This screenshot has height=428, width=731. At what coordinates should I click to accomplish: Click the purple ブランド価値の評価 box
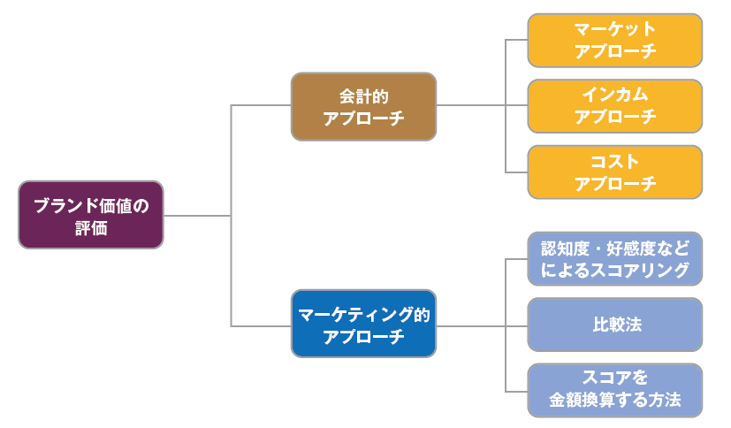click(x=91, y=216)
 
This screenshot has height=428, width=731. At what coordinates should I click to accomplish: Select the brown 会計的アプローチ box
click(x=363, y=106)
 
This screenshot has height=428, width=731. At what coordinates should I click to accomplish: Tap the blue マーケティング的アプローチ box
click(x=363, y=324)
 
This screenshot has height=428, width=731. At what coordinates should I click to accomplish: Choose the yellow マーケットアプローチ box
click(x=615, y=40)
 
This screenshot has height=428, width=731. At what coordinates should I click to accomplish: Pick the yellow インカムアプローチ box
click(x=615, y=105)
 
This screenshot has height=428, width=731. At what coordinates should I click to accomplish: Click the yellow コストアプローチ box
click(x=615, y=172)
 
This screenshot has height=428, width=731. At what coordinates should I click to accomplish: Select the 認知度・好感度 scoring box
click(x=615, y=259)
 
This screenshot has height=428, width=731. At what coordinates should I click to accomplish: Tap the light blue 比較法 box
click(x=615, y=325)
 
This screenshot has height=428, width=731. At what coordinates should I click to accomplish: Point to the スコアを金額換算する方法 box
click(x=615, y=390)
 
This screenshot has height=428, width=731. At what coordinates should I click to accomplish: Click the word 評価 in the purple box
click(x=91, y=227)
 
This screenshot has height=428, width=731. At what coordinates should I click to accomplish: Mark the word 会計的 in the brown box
click(x=364, y=95)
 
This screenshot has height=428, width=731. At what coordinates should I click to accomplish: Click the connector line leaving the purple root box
click(x=196, y=216)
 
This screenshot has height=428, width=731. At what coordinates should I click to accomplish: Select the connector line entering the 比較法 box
click(x=516, y=325)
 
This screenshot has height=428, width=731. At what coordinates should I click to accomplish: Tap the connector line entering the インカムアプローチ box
click(x=516, y=106)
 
